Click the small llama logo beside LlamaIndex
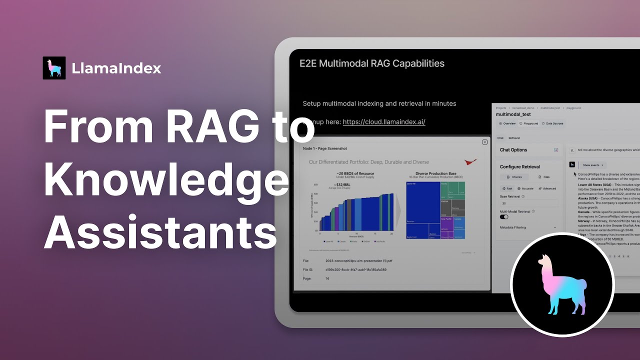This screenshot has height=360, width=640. (x=54, y=68)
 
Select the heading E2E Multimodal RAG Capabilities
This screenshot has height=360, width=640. (x=372, y=63)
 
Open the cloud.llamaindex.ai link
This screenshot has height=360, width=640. (x=384, y=122)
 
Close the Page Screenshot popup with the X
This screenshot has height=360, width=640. (x=484, y=142)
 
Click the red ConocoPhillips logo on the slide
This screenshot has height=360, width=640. (x=470, y=162)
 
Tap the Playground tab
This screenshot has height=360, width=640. (x=529, y=123)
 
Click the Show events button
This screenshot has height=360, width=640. (x=593, y=165)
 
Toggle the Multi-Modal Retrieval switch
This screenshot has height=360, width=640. (x=504, y=217)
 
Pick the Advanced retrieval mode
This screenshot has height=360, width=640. (x=547, y=188)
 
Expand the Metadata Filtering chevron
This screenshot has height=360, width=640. (x=555, y=227)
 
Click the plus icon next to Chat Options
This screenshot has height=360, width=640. (x=556, y=150)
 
